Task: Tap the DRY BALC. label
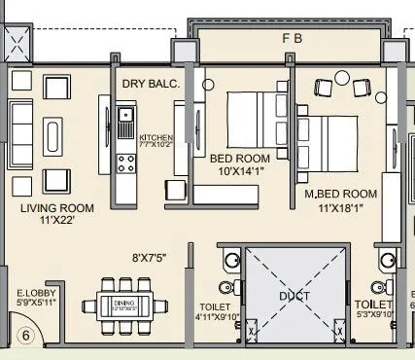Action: (151, 85)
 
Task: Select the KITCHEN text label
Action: (156, 138)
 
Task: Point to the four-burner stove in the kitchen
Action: (124, 162)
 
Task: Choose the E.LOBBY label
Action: (35, 291)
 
